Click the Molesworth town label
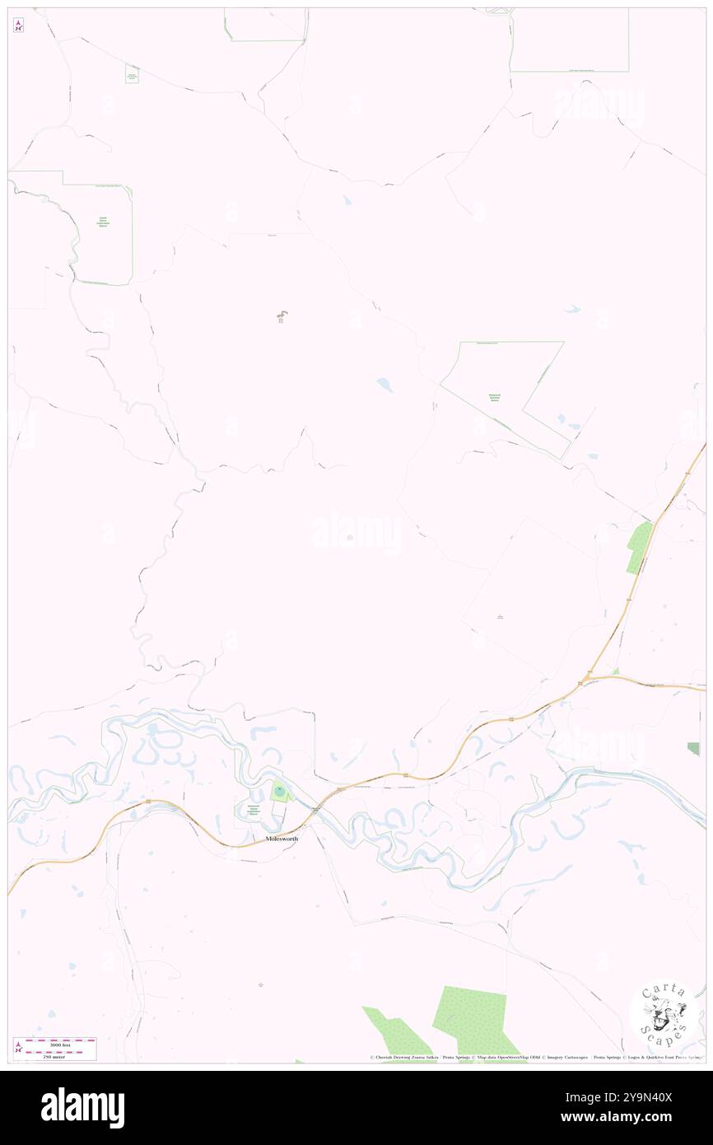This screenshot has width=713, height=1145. [x=282, y=839]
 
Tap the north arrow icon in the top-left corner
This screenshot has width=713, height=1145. [x=18, y=25]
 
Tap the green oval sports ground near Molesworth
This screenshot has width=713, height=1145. [x=280, y=792]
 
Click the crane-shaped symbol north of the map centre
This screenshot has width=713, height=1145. [x=282, y=316]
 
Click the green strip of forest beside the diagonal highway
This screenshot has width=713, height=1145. [x=638, y=548]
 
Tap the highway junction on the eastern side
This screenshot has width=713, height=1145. [x=585, y=680]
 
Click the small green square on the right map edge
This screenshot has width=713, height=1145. [x=694, y=748]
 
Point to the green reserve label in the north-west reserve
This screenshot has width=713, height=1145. [x=103, y=222]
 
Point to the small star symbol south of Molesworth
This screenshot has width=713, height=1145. [x=261, y=984]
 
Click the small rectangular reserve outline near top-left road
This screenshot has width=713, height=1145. [x=131, y=74]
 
